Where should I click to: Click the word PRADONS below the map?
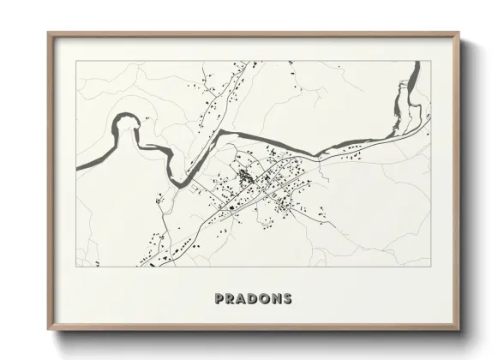(254, 299)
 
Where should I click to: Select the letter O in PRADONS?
(264, 299)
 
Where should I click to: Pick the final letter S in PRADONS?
(286, 299)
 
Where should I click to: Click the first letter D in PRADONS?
(253, 299)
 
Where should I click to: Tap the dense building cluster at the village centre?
(246, 178)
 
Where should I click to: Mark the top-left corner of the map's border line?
(76, 61)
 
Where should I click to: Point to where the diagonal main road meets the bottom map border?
(163, 267)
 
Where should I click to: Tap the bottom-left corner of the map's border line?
(76, 267)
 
